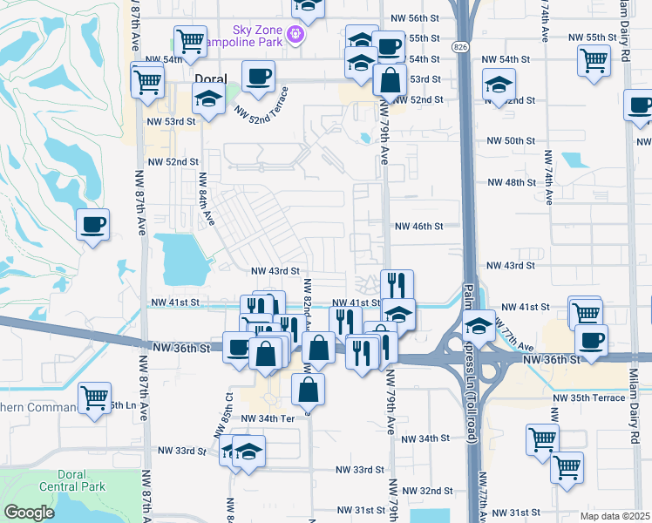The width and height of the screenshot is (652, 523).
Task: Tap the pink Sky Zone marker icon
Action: pos(295,35)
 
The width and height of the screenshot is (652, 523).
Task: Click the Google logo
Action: pos(29,513)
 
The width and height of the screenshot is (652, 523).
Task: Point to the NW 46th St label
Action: pos(419,226)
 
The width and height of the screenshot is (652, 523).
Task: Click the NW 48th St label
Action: pos(511,182)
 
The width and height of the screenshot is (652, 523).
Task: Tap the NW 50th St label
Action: pos(511,140)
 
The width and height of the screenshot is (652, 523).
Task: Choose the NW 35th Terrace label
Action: pos(588,397)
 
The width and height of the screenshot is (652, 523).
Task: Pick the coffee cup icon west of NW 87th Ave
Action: pos(93,226)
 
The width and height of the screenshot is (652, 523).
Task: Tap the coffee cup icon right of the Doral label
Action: pos(258,77)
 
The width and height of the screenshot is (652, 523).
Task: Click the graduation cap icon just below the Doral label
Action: pos(209,101)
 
